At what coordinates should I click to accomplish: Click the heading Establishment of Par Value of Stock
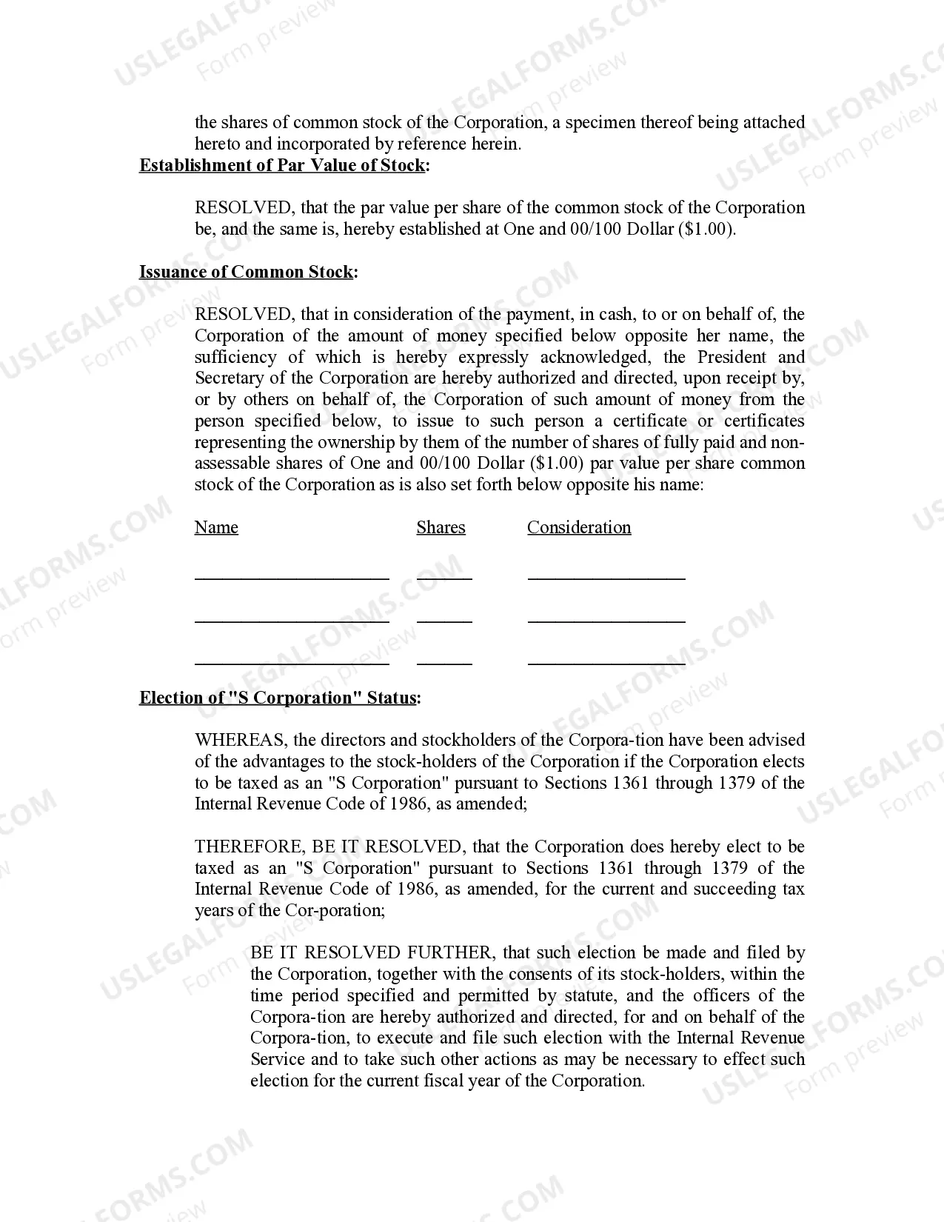282,165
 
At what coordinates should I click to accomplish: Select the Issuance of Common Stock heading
247,272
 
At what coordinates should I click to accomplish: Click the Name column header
216,527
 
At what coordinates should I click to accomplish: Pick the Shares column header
441,527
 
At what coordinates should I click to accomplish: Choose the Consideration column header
579,527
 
